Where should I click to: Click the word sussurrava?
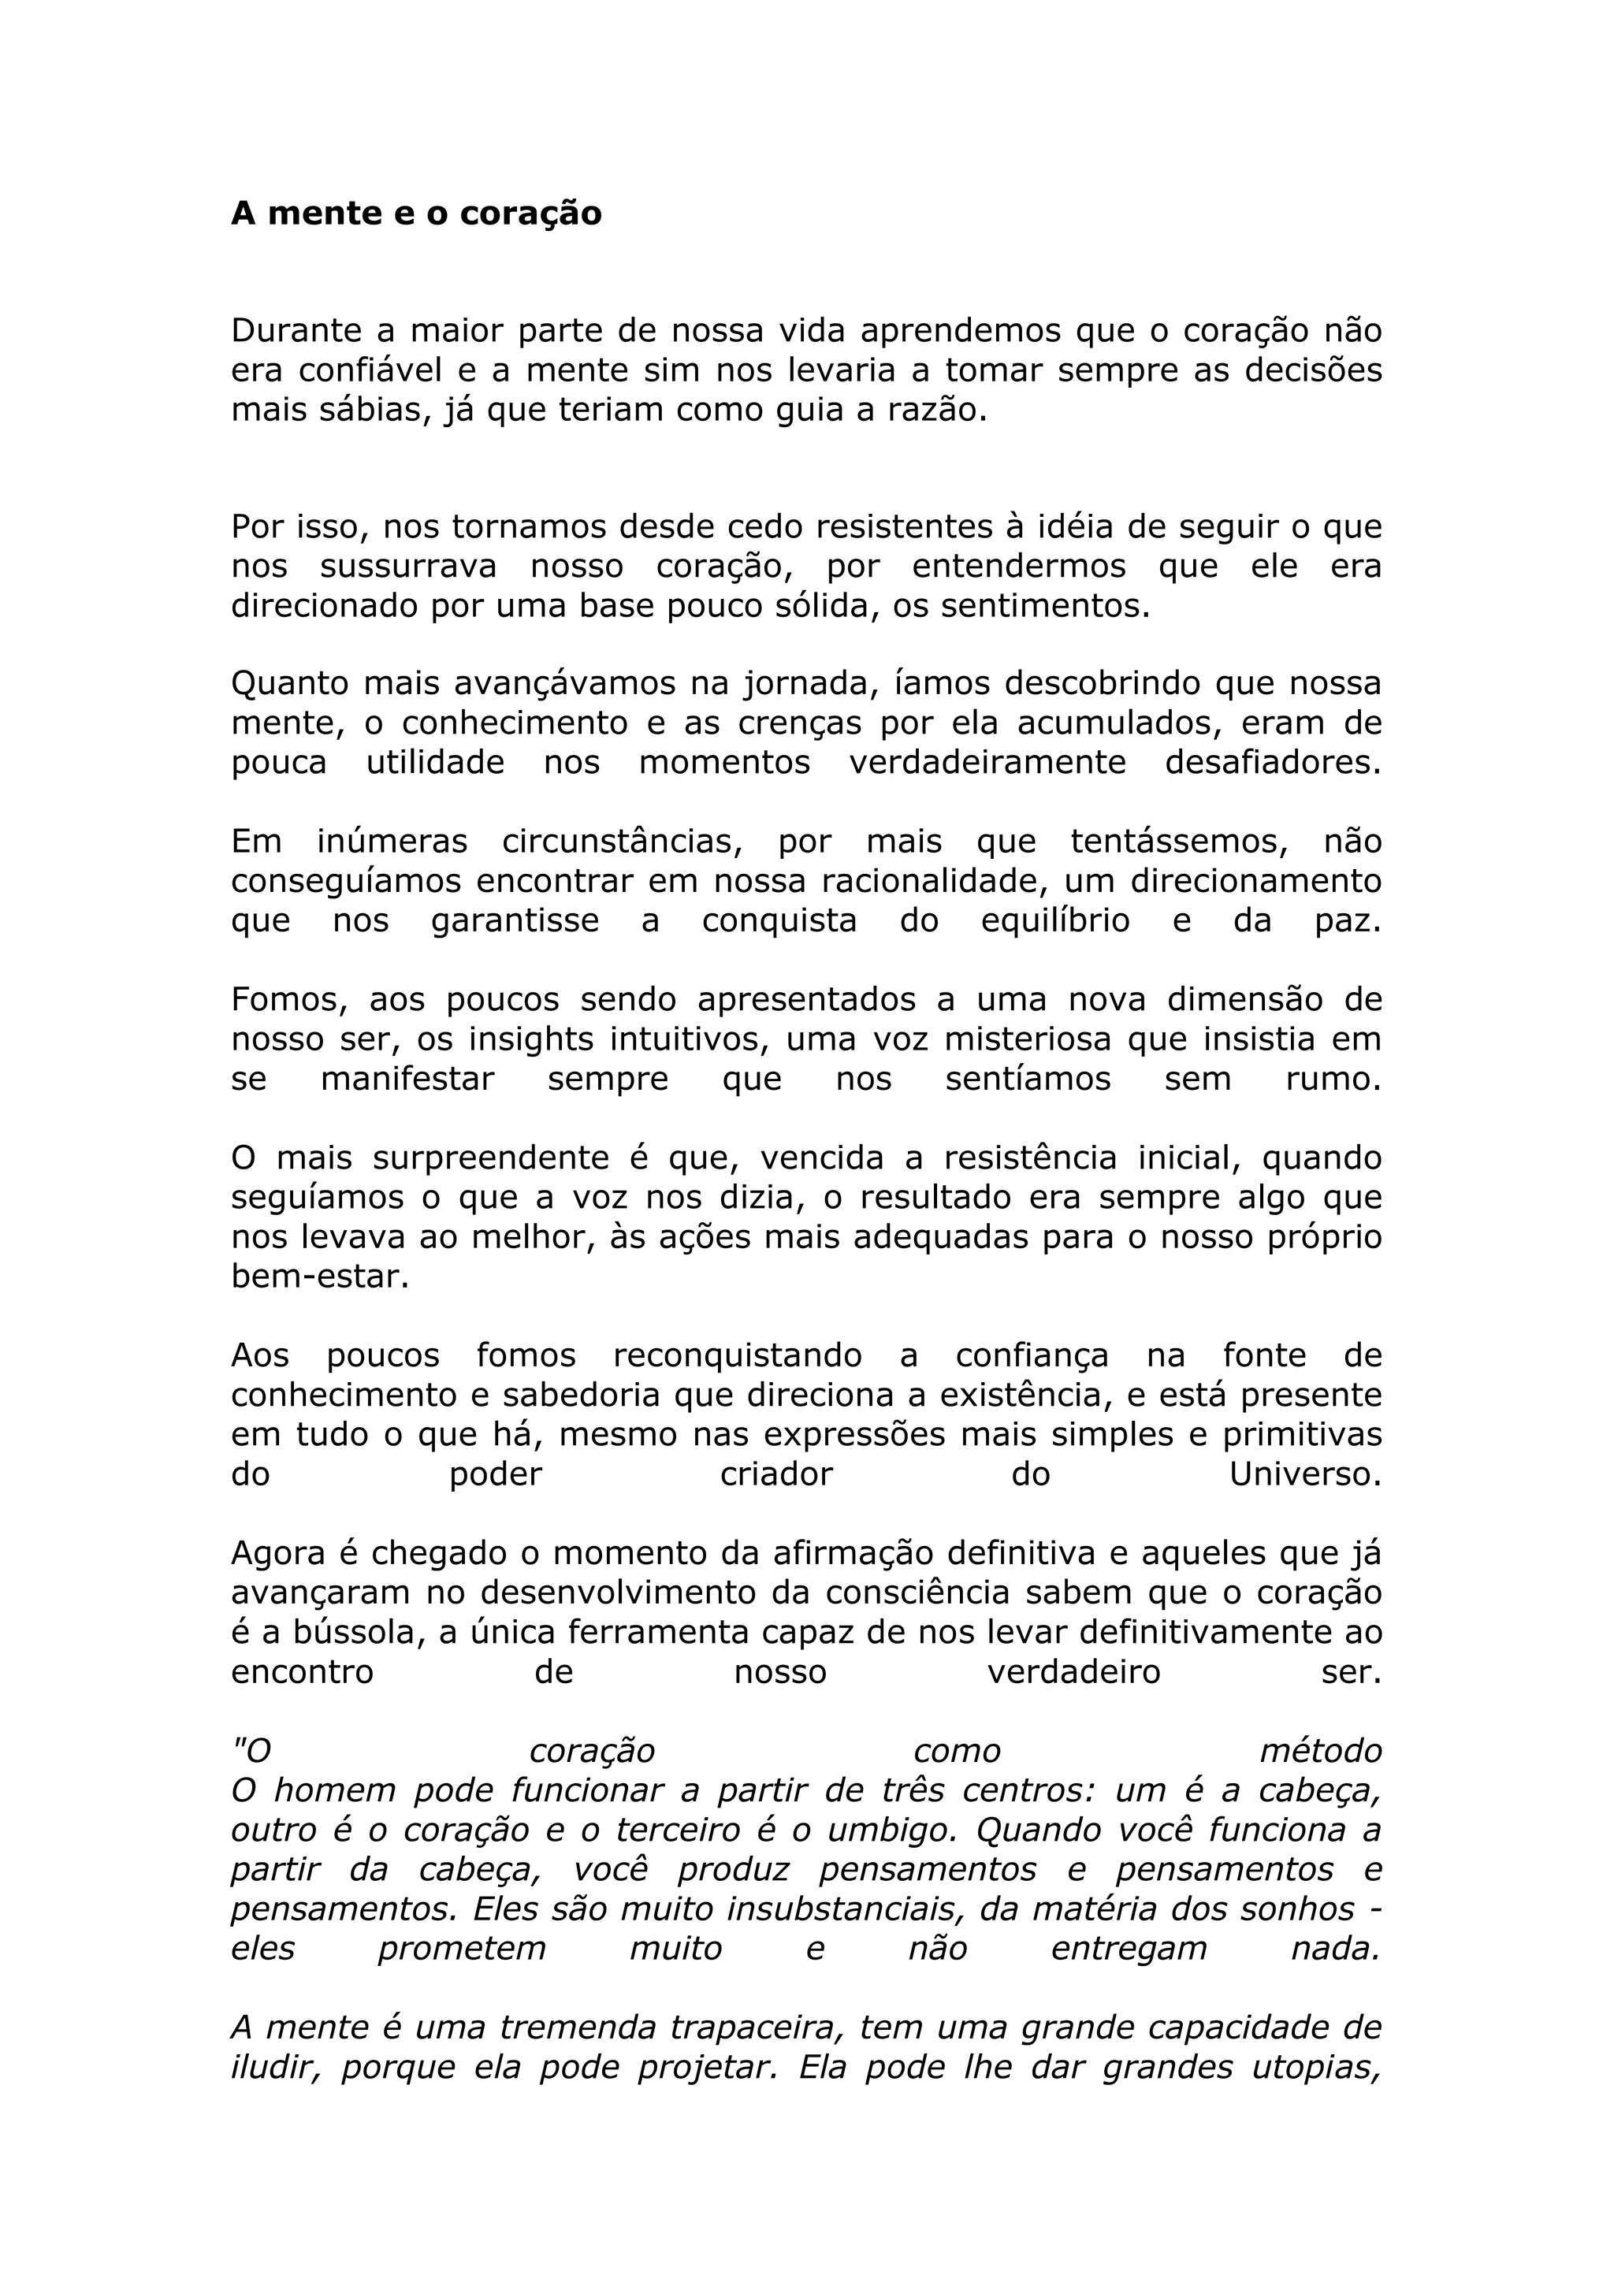[407, 567]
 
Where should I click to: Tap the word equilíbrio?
[1055, 920]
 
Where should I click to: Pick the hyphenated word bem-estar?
[320, 1277]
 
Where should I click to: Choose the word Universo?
[1305, 1474]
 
